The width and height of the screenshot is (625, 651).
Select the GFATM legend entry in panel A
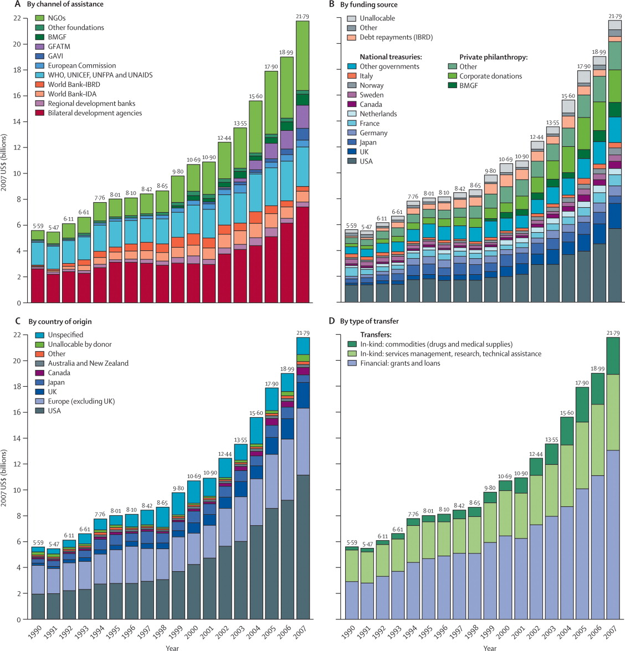click(x=59, y=47)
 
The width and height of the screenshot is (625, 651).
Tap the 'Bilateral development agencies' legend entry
click(x=95, y=113)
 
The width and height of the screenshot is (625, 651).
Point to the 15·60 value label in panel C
click(x=256, y=413)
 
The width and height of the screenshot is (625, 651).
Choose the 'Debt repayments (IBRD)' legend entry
click(x=396, y=37)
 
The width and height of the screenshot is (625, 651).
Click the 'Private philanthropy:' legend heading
click(x=493, y=57)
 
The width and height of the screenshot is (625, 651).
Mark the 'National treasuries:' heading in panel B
click(x=391, y=57)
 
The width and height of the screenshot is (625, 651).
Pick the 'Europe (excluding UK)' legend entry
click(x=81, y=401)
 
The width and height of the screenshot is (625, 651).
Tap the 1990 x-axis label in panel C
click(x=37, y=632)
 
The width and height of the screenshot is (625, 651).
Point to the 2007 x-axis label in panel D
click(x=612, y=632)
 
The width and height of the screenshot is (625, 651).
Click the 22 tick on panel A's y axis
click(x=17, y=18)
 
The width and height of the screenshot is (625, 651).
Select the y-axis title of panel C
click(x=4, y=476)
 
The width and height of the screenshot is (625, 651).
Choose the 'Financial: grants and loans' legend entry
click(x=400, y=363)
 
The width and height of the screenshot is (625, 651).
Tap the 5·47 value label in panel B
click(x=366, y=227)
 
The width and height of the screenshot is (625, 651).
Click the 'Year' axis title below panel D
click(x=489, y=648)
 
